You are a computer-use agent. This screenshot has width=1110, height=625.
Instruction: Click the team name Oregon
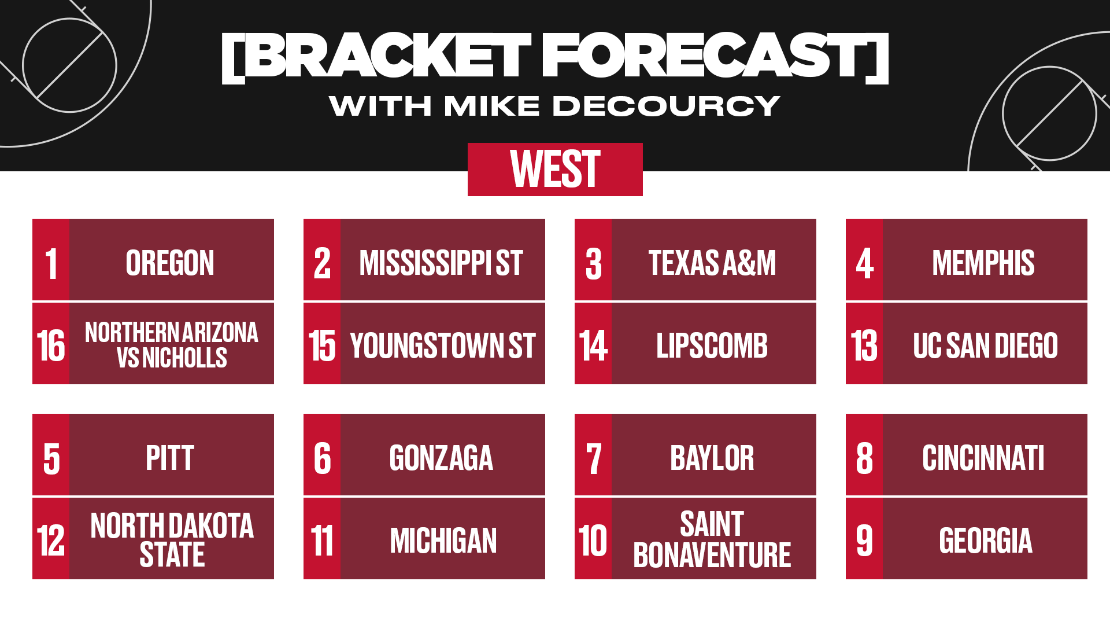click(170, 263)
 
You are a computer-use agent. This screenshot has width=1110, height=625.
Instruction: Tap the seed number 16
click(51, 345)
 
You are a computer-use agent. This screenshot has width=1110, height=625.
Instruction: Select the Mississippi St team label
click(441, 263)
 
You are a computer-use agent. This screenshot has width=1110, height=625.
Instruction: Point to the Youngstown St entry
click(443, 345)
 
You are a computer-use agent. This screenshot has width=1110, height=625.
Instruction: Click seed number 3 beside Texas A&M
click(594, 263)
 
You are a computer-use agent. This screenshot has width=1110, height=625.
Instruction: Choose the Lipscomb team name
click(712, 345)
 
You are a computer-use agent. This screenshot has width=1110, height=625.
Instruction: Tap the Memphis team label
click(983, 263)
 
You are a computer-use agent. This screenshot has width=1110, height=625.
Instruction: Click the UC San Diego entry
click(985, 345)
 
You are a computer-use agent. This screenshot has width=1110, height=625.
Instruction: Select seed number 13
click(864, 345)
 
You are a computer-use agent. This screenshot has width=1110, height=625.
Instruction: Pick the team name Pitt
click(170, 458)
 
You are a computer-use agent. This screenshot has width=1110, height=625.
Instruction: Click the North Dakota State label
click(172, 540)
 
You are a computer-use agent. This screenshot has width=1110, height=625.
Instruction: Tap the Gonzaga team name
click(441, 458)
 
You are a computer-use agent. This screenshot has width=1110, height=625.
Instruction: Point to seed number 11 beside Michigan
click(322, 541)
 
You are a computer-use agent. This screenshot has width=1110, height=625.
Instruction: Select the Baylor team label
click(712, 458)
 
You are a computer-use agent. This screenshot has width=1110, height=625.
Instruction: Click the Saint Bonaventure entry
click(712, 539)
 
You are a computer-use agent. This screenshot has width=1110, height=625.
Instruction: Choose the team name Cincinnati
click(983, 458)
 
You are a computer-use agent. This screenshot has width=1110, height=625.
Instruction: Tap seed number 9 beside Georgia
click(864, 541)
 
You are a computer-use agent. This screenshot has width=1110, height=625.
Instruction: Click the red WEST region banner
click(555, 170)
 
